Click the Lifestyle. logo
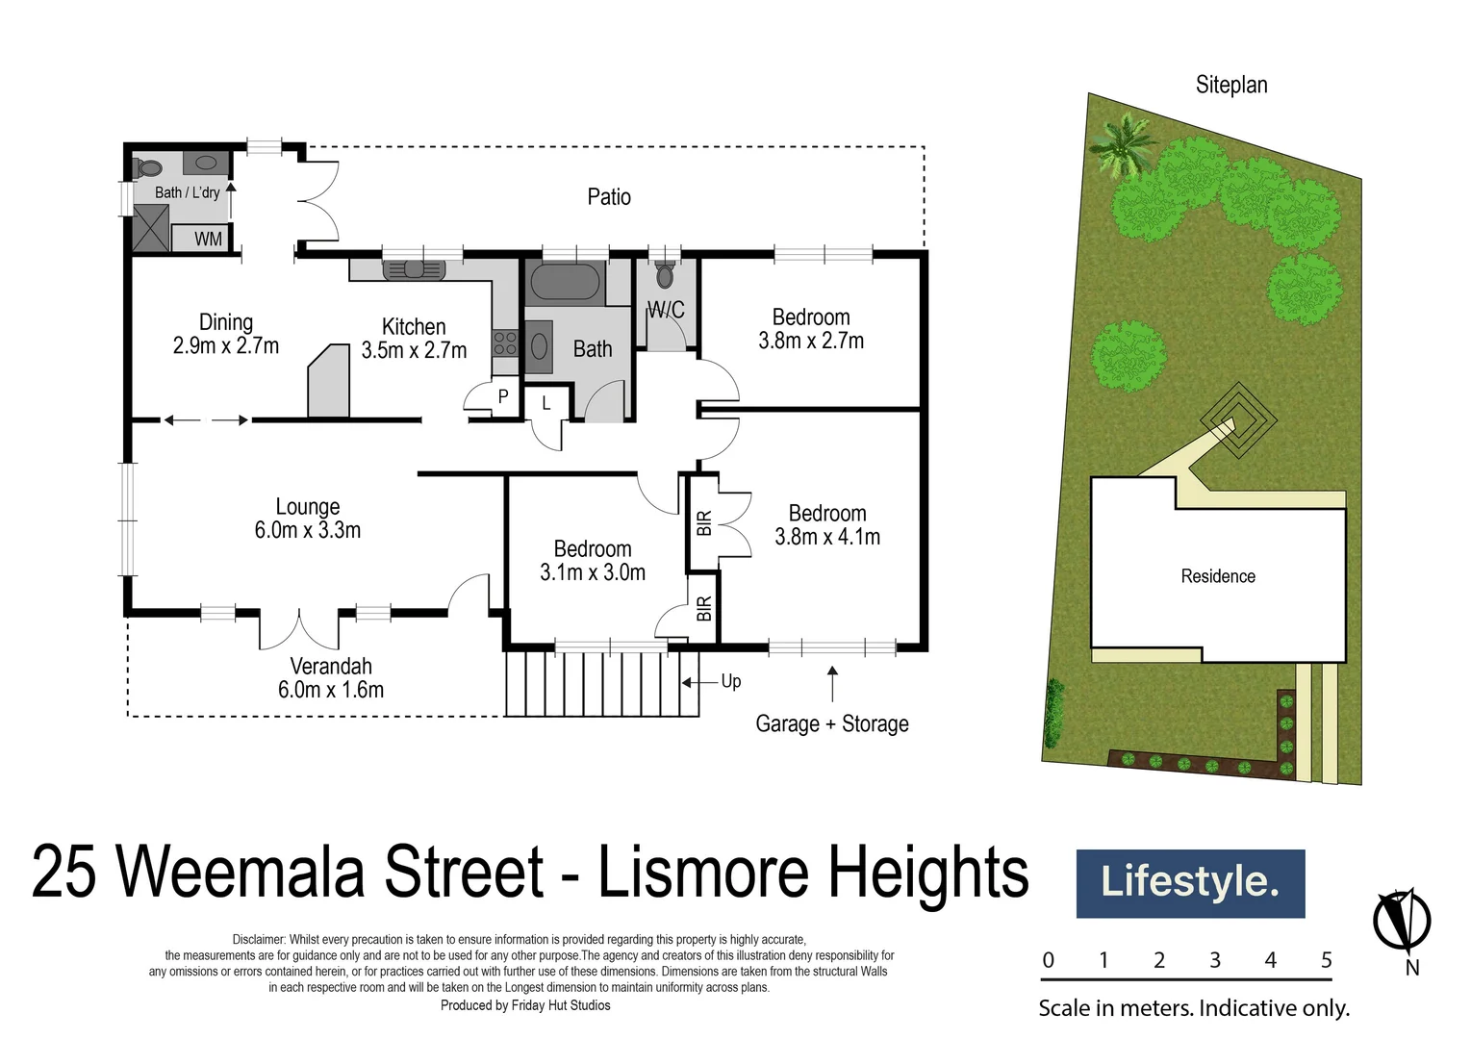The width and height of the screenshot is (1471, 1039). pyautogui.click(x=1190, y=883)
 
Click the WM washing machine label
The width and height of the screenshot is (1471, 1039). pyautogui.click(x=208, y=239)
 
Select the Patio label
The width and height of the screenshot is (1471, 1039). pyautogui.click(x=609, y=196)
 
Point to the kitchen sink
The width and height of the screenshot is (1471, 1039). pyautogui.click(x=414, y=269)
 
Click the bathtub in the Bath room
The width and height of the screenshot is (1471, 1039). pyautogui.click(x=565, y=283)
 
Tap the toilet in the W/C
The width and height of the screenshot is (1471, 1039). pyautogui.click(x=665, y=274)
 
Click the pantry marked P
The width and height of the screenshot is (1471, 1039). pyautogui.click(x=503, y=396)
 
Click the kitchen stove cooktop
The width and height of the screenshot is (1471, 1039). pyautogui.click(x=505, y=342)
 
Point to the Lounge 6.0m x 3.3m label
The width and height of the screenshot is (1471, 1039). pyautogui.click(x=307, y=518)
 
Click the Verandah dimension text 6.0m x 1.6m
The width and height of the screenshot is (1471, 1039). pyautogui.click(x=330, y=689)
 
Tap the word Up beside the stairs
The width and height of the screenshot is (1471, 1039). pyautogui.click(x=731, y=681)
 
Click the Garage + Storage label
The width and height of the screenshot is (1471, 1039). pyautogui.click(x=832, y=723)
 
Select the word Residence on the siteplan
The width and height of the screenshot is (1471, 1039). pyautogui.click(x=1218, y=576)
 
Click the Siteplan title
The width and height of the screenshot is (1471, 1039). pyautogui.click(x=1231, y=85)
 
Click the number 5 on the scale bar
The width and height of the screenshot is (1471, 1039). pyautogui.click(x=1326, y=959)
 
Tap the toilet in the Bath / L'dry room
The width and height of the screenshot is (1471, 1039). pyautogui.click(x=147, y=167)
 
